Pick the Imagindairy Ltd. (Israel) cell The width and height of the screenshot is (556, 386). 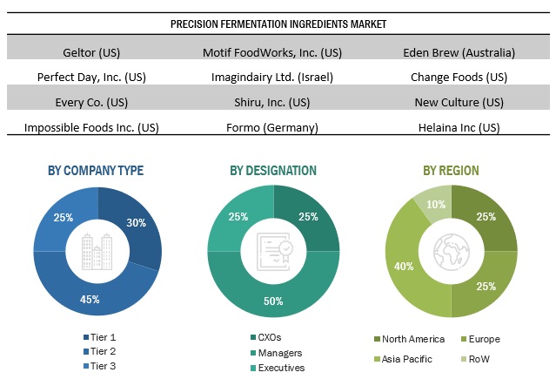[x=271, y=76]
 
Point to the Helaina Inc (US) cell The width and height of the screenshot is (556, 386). [x=456, y=126]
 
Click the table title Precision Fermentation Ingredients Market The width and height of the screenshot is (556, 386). [x=278, y=24]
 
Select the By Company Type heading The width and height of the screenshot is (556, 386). [x=96, y=170]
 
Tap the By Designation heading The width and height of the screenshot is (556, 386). [x=272, y=170]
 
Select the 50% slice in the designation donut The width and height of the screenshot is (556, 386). [x=273, y=301]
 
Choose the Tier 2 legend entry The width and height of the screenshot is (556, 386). [x=103, y=350]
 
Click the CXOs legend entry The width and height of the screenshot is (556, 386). [x=268, y=338]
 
